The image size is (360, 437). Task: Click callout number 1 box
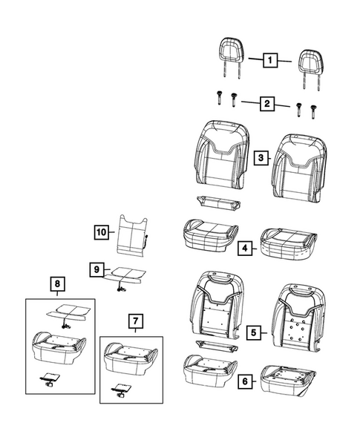click(270, 60)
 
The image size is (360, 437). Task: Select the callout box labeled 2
click(267, 104)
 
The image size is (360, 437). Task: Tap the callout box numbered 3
click(261, 158)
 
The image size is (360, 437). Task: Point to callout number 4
click(244, 248)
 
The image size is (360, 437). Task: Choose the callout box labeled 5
click(253, 332)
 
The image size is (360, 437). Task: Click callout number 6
click(245, 381)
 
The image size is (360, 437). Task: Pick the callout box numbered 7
click(136, 321)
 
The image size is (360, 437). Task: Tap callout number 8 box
click(57, 283)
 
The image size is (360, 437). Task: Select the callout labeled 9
click(96, 269)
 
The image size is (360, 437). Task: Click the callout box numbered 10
click(101, 232)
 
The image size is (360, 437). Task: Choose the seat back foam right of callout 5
click(298, 317)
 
